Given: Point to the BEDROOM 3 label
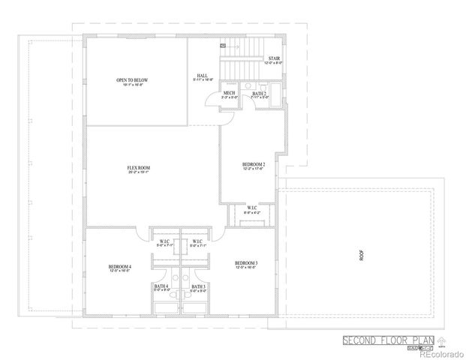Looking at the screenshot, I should pos(246,262).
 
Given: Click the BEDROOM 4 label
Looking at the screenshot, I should pos(119,267).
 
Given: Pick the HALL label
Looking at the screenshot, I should pos(203,76).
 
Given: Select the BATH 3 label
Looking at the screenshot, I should pos(198,286).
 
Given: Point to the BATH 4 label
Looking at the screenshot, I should pos(161,286).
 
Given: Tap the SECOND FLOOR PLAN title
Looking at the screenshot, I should pos(382,340).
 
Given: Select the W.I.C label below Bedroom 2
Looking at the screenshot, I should pos(252,208).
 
